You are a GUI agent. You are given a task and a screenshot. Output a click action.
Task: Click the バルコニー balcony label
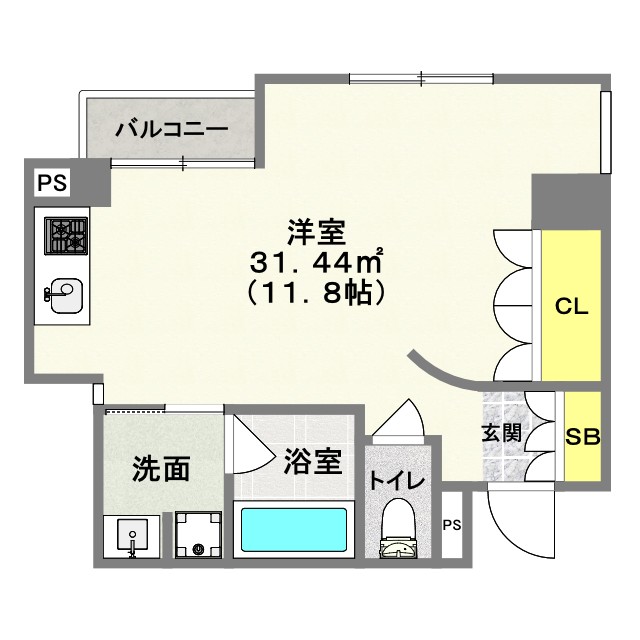171,128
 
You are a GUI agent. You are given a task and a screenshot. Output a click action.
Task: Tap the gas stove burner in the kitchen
67,237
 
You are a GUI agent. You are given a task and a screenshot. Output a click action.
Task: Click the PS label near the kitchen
52,184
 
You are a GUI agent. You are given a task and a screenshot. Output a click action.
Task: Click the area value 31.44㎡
318,264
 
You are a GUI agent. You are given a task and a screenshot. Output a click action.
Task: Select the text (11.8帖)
318,294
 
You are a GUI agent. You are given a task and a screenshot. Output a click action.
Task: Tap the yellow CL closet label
571,307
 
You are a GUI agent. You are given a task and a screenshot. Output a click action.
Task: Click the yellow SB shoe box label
582,437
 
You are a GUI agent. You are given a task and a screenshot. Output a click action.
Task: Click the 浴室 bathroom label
314,462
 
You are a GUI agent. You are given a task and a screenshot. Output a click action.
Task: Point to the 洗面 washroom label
161,468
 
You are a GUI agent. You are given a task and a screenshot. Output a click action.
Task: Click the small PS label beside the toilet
452,525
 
